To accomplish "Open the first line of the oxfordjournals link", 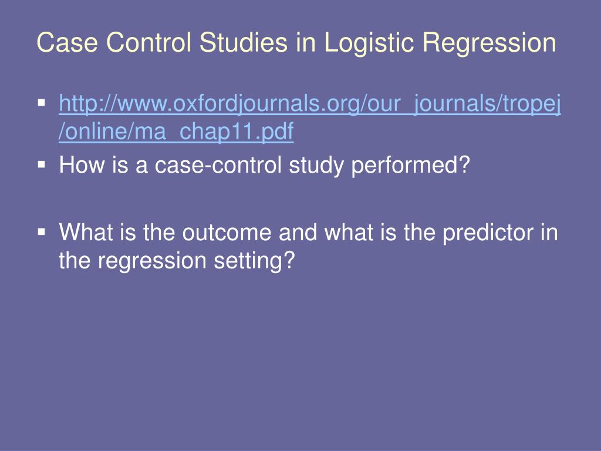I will (310, 105).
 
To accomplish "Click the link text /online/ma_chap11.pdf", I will (176, 133).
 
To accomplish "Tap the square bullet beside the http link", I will (42, 103).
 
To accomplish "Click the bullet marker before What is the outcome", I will (42, 231).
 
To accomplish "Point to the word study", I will (317, 166).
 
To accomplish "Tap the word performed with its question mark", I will (411, 166).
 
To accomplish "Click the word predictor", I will (487, 233).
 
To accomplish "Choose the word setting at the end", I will (259, 261).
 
